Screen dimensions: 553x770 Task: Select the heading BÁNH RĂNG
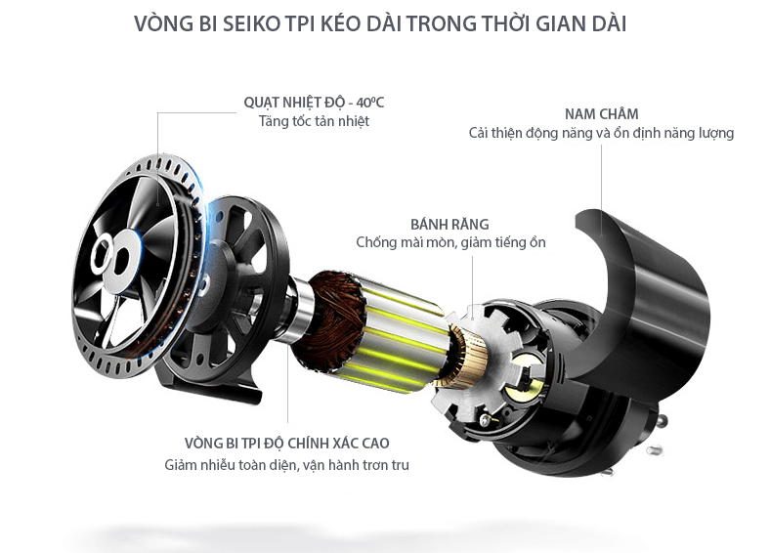pos(449,224)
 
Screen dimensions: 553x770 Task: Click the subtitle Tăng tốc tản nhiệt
pos(314,122)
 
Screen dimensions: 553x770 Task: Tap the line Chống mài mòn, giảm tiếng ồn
pos(450,242)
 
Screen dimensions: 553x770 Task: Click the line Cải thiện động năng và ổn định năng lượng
pos(601,133)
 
